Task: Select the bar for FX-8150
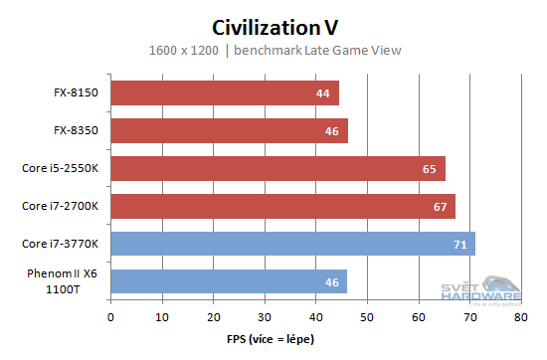point(225,92)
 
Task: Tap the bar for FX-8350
point(229,130)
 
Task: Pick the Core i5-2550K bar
point(277,168)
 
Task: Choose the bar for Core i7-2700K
point(282,206)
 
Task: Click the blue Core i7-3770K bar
point(292,244)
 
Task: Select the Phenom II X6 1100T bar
point(229,281)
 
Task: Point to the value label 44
point(322,93)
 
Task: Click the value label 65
point(429,169)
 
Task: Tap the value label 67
point(439,207)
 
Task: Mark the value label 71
point(458,245)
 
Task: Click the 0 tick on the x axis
point(110,318)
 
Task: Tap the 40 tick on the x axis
point(315,318)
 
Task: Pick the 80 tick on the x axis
point(520,318)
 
